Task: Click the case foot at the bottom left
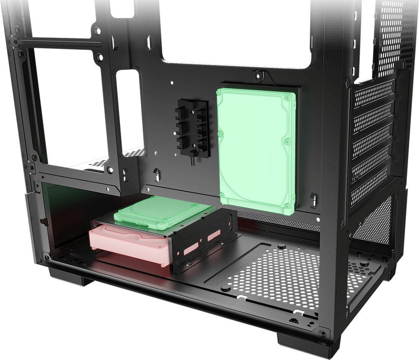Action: click(x=69, y=278)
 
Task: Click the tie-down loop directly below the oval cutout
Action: click(x=125, y=174)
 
